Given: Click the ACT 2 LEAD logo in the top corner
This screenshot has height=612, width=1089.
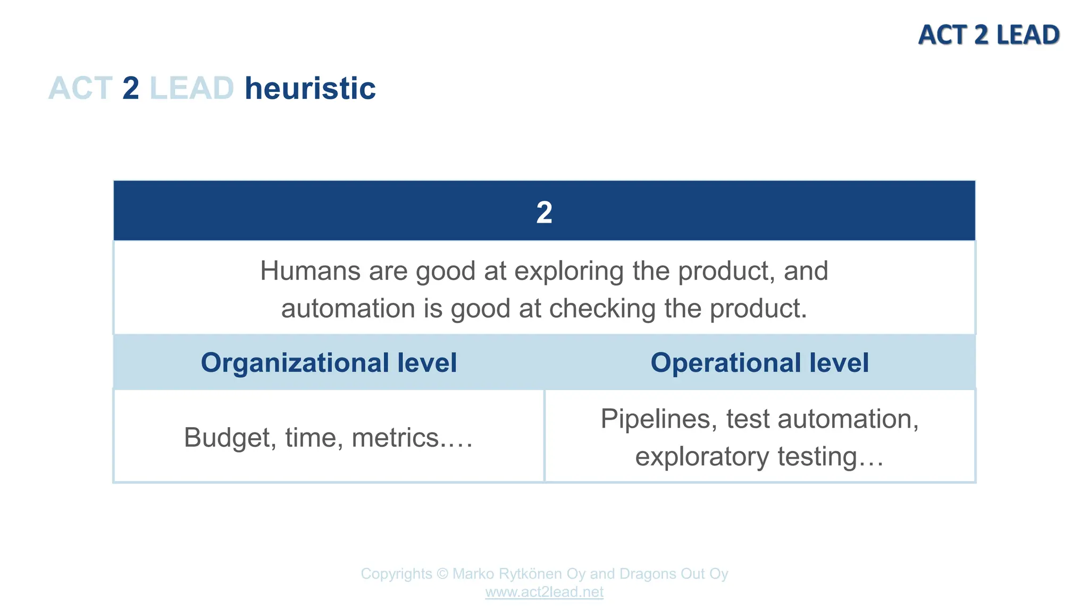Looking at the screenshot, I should click(989, 35).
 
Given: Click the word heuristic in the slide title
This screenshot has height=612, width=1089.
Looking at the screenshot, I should click(310, 88).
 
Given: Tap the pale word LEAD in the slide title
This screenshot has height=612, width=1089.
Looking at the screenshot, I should click(191, 88).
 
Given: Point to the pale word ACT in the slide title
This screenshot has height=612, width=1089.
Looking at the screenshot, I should click(80, 88).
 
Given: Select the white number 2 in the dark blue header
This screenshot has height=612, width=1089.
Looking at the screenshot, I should click(544, 212).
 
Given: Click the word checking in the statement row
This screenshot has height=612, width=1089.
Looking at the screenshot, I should click(602, 308).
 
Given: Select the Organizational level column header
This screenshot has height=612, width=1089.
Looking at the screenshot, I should click(329, 363).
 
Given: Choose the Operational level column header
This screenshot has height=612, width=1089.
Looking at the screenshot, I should click(759, 363).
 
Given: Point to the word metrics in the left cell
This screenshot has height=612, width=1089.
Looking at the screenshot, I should click(395, 438).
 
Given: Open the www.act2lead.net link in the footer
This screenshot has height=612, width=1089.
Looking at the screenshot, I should click(544, 592).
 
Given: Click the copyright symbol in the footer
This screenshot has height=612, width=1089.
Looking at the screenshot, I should click(442, 574).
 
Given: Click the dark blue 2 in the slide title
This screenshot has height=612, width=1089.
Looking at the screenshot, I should click(131, 88).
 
